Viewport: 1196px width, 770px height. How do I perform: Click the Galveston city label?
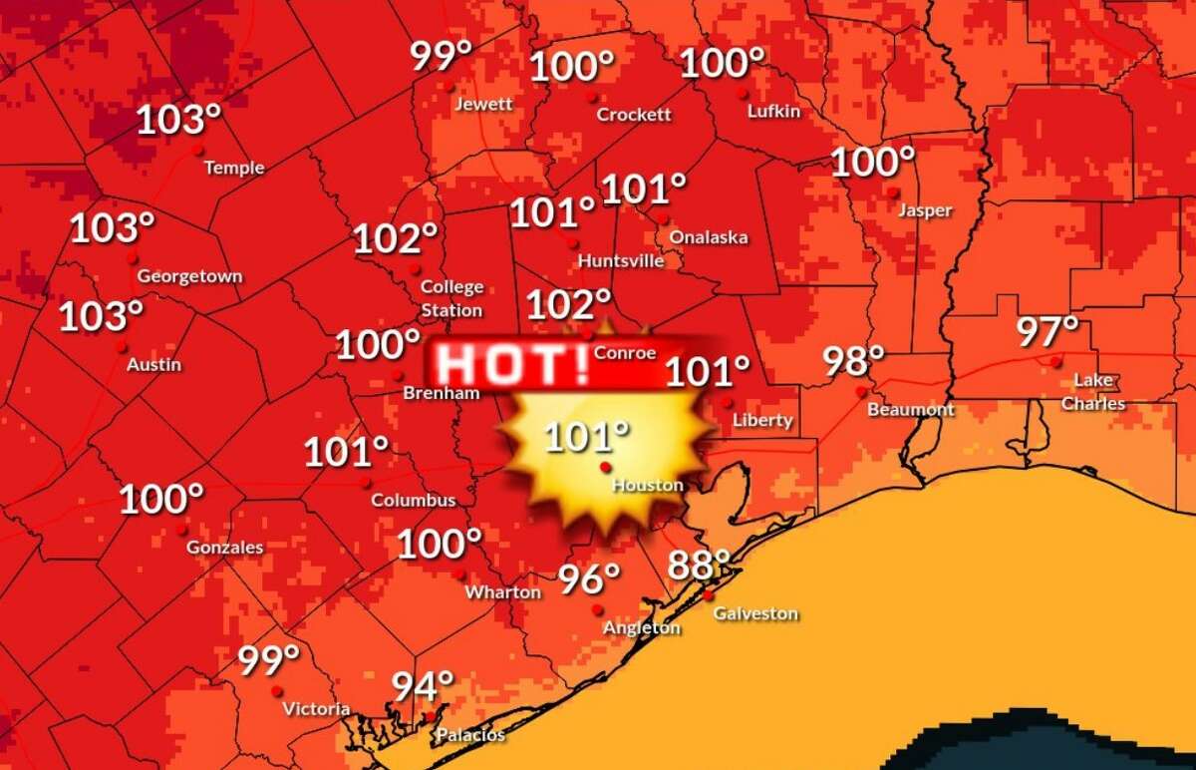[x=755, y=613]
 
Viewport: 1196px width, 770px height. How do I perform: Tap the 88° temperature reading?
[x=706, y=566]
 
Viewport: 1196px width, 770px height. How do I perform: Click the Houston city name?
[x=648, y=486]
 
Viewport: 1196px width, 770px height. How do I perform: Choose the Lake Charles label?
[x=1093, y=392]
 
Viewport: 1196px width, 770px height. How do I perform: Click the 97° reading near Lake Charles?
[x=1047, y=331]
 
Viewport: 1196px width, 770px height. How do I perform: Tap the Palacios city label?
[x=471, y=736]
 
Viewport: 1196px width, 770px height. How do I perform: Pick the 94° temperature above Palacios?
[x=422, y=686]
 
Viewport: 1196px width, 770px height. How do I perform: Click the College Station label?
[x=451, y=298]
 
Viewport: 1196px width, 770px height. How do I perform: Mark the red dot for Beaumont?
[x=862, y=392]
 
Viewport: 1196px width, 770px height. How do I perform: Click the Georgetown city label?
[x=189, y=276]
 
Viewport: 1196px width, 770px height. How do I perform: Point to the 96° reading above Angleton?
[x=588, y=577]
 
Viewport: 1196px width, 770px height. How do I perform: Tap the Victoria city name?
[x=316, y=709]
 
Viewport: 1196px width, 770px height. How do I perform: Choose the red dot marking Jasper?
[x=894, y=192]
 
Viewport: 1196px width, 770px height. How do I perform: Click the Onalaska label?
[x=708, y=237]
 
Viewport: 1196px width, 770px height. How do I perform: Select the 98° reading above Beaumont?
[x=854, y=360]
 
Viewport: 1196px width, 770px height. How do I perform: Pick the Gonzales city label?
[x=225, y=547]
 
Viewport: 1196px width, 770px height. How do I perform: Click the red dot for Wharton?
[x=460, y=575]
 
